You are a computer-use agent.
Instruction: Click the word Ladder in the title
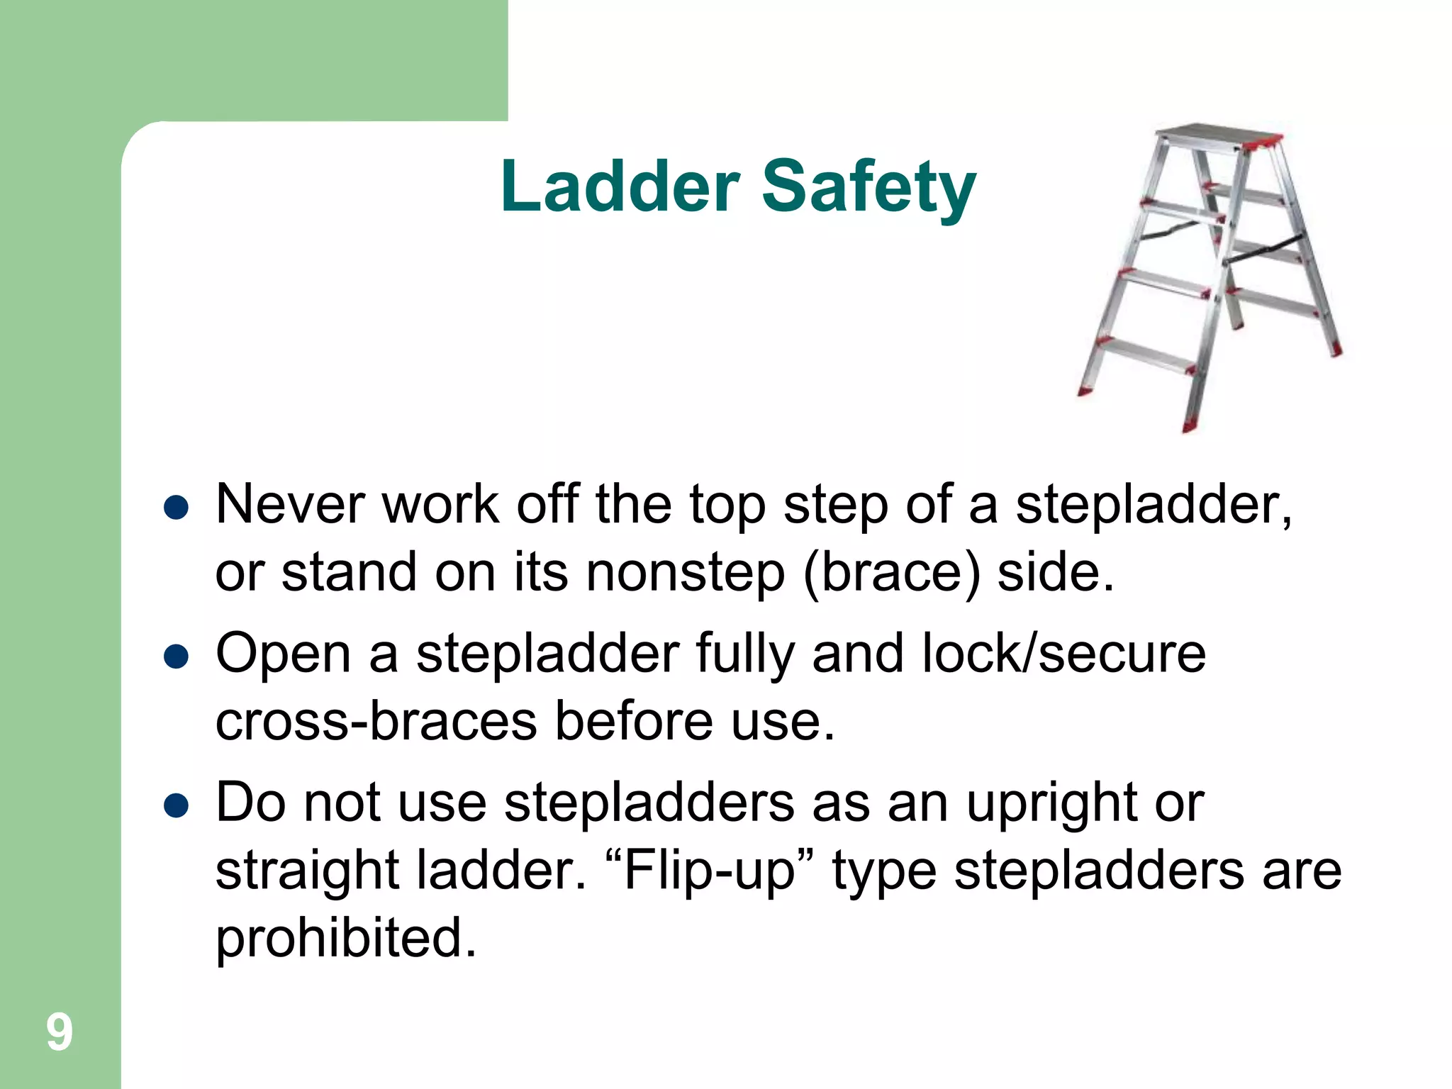click(x=620, y=186)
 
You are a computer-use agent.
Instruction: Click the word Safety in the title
click(x=869, y=187)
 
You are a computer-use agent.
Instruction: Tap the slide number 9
click(x=60, y=1032)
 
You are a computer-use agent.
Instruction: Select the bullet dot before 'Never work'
click(x=175, y=508)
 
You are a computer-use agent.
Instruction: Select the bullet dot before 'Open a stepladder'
click(x=175, y=657)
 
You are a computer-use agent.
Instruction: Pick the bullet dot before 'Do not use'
click(x=175, y=806)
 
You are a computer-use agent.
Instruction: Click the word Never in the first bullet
click(x=290, y=504)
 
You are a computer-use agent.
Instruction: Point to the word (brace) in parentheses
click(x=891, y=573)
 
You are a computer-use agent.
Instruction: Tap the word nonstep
click(x=685, y=573)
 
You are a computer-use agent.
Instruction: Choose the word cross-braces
click(x=376, y=722)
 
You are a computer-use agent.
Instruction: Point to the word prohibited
click(x=346, y=938)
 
